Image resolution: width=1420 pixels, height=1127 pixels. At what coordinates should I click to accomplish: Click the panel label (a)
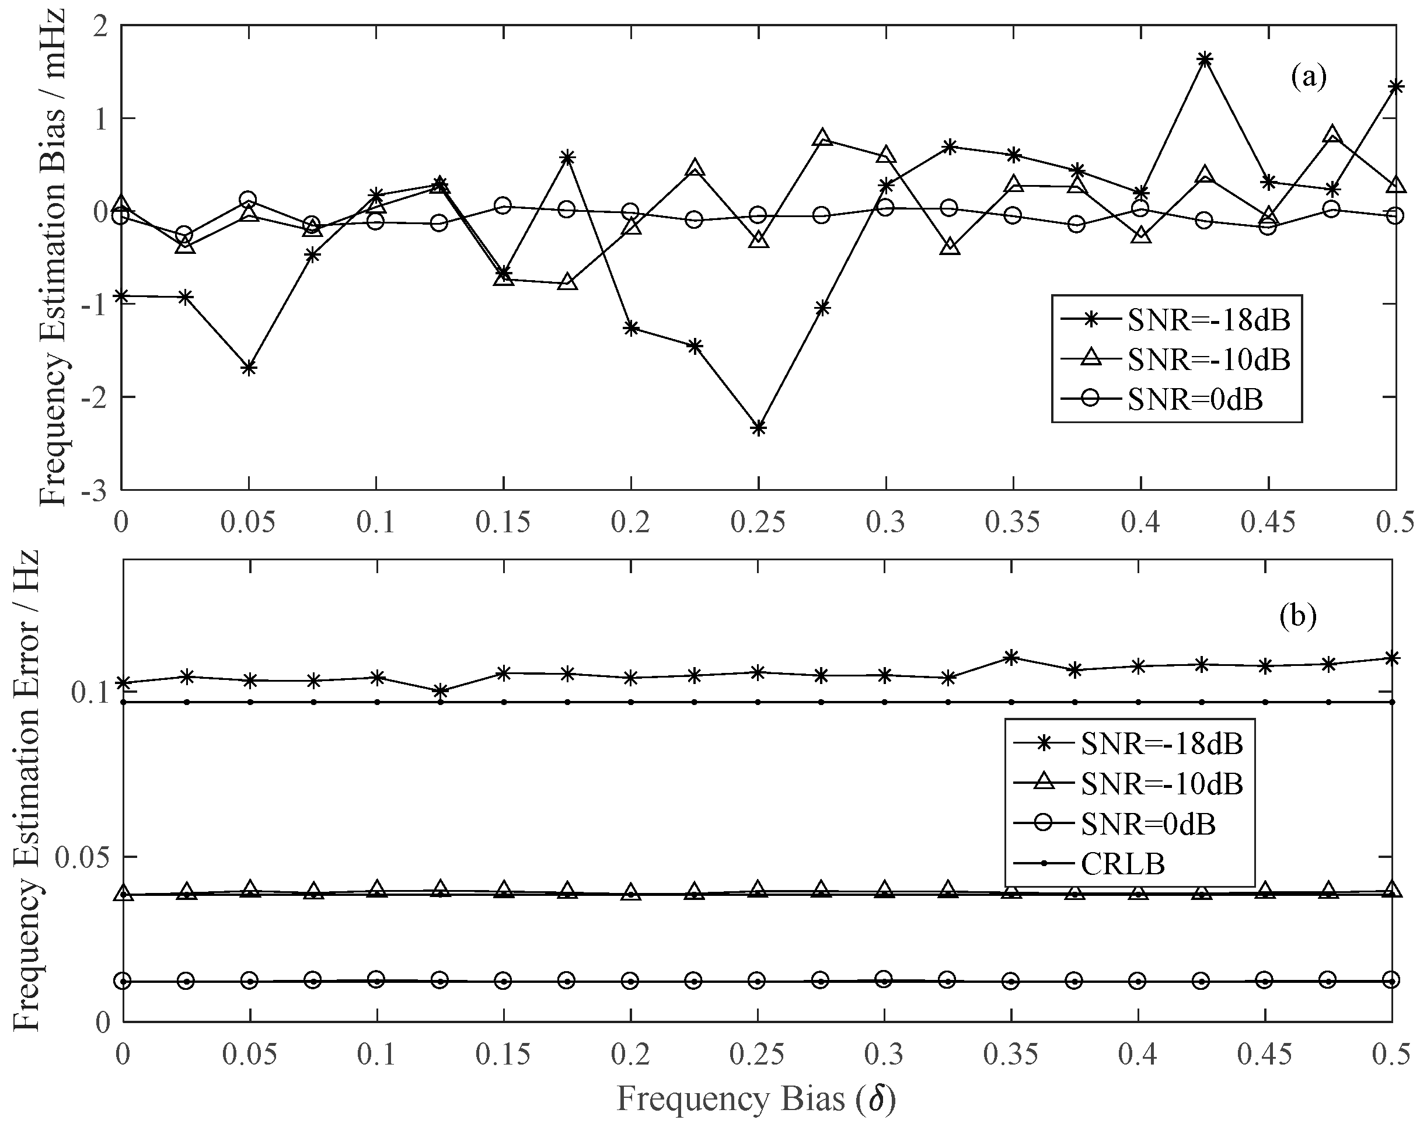click(1308, 77)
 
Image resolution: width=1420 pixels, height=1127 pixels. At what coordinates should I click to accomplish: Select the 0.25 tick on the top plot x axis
click(758, 523)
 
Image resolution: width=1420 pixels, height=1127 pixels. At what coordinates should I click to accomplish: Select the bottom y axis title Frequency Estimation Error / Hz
click(26, 790)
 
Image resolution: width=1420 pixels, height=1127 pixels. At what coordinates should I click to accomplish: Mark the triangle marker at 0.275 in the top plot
click(822, 138)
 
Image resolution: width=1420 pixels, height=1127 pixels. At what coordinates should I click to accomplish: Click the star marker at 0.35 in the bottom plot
click(1011, 657)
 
